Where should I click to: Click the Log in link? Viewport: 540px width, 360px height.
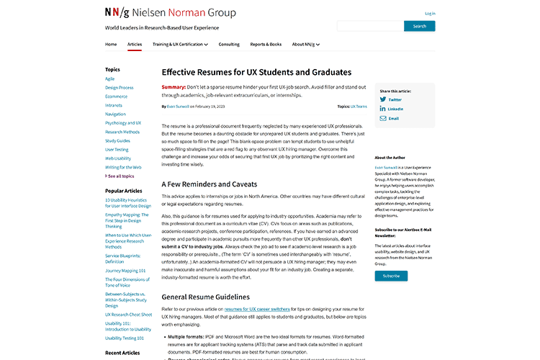[x=430, y=14]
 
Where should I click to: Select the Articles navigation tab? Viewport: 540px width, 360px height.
[x=135, y=44]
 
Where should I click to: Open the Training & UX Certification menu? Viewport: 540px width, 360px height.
[x=180, y=44]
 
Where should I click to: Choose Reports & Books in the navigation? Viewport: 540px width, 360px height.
[x=266, y=44]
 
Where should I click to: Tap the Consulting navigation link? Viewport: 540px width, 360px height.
[x=229, y=44]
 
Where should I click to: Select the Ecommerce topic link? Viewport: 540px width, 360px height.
[x=116, y=96]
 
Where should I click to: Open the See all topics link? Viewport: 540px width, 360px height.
[x=120, y=175]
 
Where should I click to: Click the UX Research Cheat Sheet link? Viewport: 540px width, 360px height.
[x=128, y=314]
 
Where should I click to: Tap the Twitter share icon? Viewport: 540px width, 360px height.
[x=383, y=99]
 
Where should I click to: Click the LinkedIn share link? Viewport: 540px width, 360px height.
[x=383, y=109]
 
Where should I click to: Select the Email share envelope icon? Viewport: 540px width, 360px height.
[x=383, y=118]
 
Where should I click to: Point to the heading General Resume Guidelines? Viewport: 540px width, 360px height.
[x=205, y=296]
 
